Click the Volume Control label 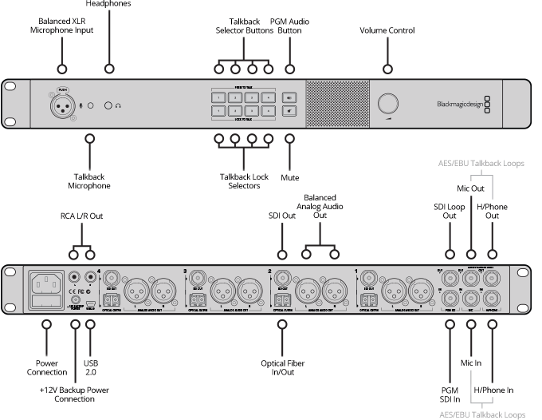[387, 30]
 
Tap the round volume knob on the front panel [388, 103]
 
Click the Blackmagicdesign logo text [460, 103]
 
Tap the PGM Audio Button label [289, 25]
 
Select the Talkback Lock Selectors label [240, 180]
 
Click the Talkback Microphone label [88, 180]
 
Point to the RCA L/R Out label [82, 215]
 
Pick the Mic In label [472, 363]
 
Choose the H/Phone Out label [491, 212]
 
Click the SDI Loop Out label [450, 212]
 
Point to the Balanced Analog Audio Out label [320, 206]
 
